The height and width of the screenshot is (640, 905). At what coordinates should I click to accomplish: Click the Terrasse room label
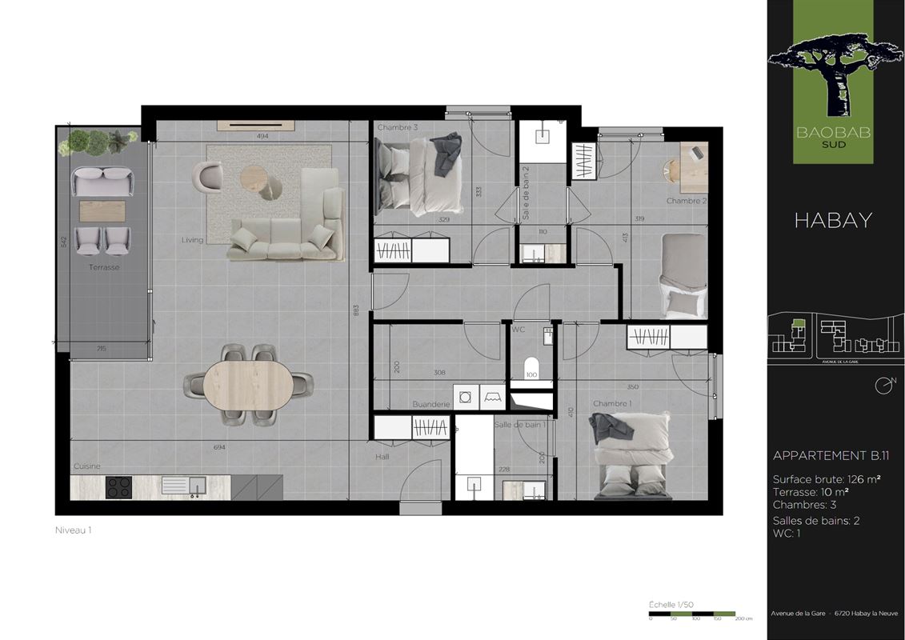104,267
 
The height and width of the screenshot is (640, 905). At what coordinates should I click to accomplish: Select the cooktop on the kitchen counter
120,487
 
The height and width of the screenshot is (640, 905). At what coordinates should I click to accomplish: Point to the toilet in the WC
531,370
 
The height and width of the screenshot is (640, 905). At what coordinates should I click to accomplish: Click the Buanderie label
431,405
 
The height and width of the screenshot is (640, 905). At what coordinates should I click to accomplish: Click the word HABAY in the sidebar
833,221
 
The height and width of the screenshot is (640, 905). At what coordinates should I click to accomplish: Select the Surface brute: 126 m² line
827,480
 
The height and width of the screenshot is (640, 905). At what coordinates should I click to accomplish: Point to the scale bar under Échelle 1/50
692,613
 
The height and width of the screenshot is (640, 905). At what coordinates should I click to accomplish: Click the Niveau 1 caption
73,530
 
